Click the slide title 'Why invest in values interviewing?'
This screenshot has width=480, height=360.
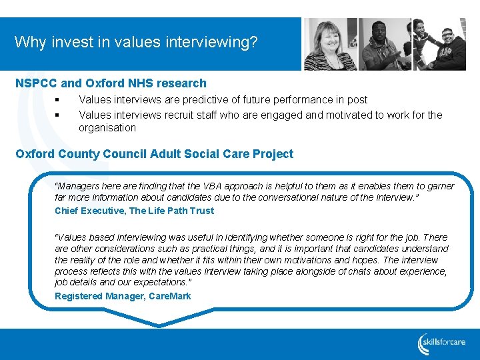click(x=136, y=43)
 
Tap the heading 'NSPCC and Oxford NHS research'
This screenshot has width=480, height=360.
click(x=111, y=83)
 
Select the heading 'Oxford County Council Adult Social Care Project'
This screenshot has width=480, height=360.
click(x=154, y=154)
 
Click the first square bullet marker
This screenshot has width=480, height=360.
click(x=58, y=101)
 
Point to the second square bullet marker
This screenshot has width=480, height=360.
click(x=58, y=115)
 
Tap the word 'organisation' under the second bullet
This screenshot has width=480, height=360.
click(x=107, y=127)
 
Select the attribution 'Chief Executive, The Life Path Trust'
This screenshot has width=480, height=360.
click(x=134, y=211)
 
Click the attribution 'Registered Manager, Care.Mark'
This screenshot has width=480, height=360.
click(x=123, y=296)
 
